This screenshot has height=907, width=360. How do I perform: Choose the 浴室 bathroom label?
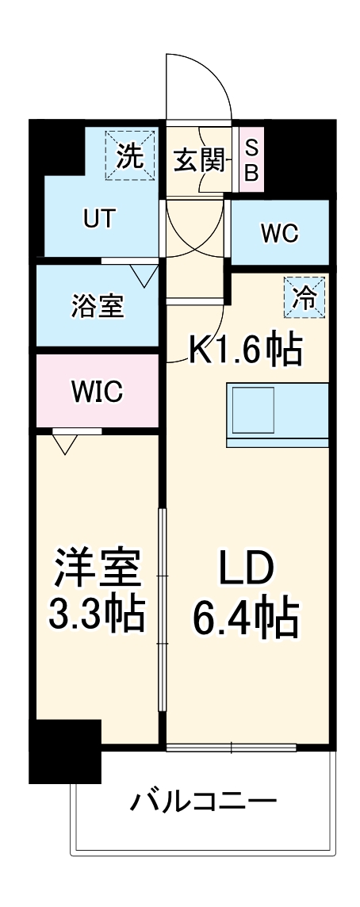coord(97,307)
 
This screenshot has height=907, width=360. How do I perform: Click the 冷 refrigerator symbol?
coord(305,297)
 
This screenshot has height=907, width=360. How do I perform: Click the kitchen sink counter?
coord(277,412)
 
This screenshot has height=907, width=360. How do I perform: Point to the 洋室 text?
coord(98,568)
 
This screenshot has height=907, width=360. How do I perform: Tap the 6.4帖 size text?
coord(245,618)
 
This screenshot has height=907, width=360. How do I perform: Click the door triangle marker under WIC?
coord(64,442)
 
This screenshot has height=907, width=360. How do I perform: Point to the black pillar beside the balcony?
coord(65,748)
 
